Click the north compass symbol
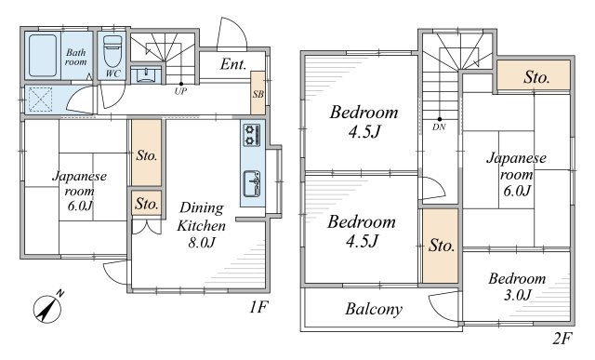coord(48,308)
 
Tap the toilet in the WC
coord(112,51)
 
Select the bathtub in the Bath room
coord(43,56)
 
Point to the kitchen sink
coord(252,183)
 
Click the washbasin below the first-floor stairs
coord(145,74)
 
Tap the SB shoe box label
coord(258,94)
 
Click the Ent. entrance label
coord(233,64)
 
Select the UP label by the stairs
coord(180,91)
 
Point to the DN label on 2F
coord(439,127)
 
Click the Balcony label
coord(374,309)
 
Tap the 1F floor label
coord(259,307)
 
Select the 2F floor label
coord(562,338)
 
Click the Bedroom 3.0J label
coord(517,287)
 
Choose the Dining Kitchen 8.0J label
coord(202,225)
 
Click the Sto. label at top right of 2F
coord(537,77)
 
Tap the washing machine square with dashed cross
coord(40,100)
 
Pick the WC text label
coord(112,73)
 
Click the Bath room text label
coord(76,57)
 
